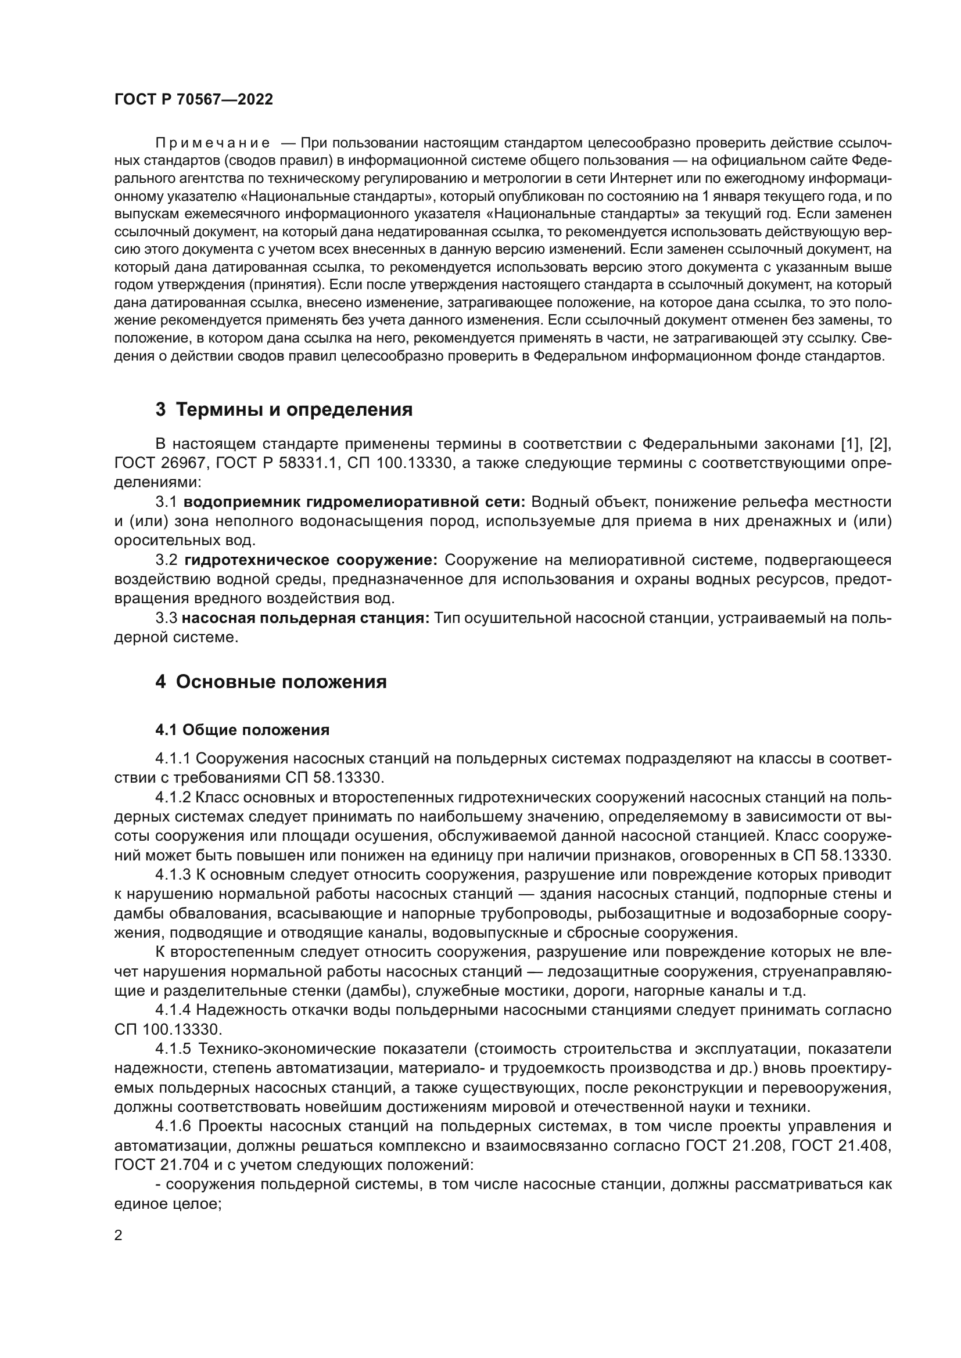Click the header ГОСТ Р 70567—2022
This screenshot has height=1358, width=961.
pos(193,99)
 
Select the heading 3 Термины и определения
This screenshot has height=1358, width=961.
pos(284,409)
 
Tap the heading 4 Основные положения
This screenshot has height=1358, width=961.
pos(270,682)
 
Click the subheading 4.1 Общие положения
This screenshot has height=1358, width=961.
pos(242,730)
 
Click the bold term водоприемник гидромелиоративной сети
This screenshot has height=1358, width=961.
pos(354,502)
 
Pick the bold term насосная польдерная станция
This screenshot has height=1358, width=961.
pos(306,618)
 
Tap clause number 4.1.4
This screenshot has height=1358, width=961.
pos(173,1010)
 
